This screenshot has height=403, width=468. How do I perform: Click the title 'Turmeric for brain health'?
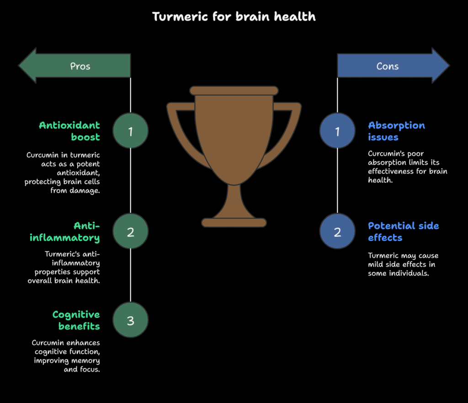tap(234, 16)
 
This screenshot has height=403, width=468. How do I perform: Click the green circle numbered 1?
tap(130, 131)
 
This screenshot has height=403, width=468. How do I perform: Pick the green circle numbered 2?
tap(130, 231)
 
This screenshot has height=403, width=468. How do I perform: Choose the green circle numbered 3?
tap(130, 320)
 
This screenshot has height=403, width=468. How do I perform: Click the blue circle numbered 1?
tap(337, 131)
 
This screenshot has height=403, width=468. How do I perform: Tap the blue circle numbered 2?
tap(337, 231)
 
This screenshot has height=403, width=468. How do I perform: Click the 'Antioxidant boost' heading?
tap(69, 131)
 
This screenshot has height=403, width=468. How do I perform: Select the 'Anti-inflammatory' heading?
tap(65, 232)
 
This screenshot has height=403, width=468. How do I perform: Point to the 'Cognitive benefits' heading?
tap(76, 320)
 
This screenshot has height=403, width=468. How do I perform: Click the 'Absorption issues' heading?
tap(396, 131)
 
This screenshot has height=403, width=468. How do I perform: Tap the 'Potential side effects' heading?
tap(403, 232)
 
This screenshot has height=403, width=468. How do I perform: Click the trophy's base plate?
tap(234, 223)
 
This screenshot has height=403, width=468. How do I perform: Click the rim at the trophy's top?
tap(234, 90)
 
